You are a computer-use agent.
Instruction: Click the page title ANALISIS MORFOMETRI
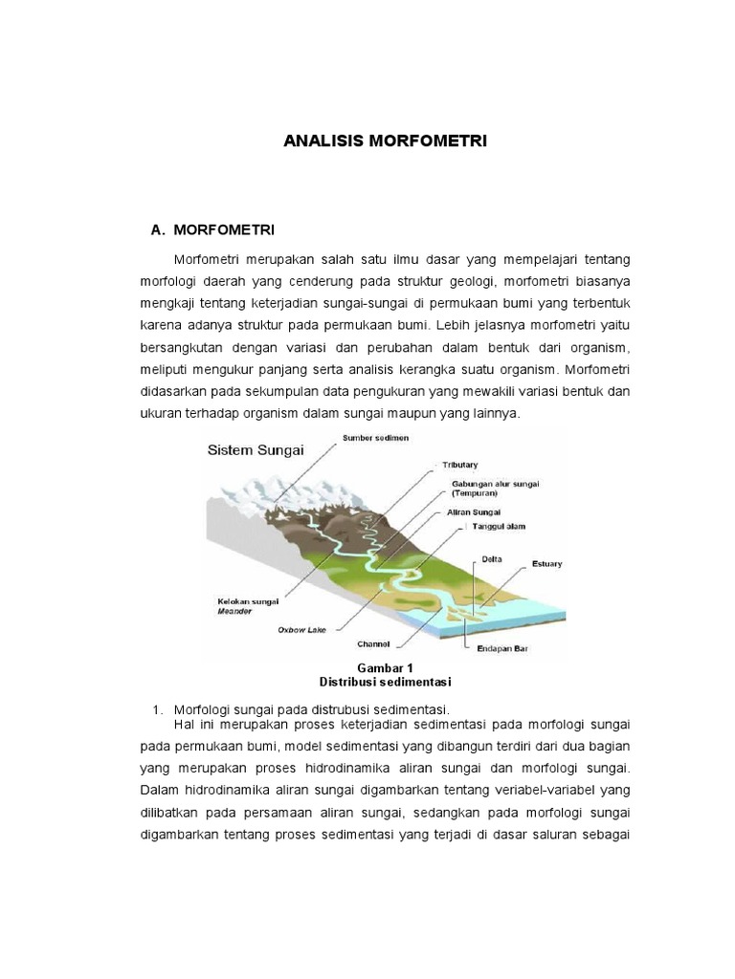click(x=386, y=141)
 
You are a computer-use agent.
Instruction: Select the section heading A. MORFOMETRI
click(x=213, y=230)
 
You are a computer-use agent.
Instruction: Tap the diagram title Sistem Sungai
click(x=256, y=449)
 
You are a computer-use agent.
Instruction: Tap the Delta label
click(x=492, y=560)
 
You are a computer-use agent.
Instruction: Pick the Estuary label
click(x=546, y=564)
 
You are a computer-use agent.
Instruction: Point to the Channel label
click(x=372, y=644)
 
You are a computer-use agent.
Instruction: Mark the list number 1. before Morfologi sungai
click(x=158, y=709)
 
